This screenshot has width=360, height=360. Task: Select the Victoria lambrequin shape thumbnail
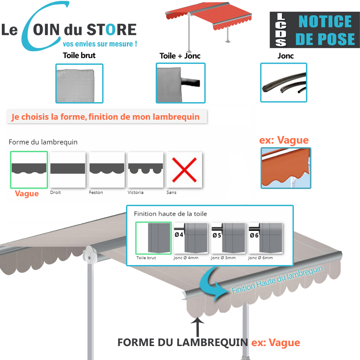coord(145,170)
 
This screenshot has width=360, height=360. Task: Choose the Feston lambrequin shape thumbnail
coord(106,170)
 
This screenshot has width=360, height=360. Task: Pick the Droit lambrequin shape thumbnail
coord(67,170)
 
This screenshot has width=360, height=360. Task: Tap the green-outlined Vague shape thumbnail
coord(29,170)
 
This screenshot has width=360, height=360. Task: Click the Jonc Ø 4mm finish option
coord(191,238)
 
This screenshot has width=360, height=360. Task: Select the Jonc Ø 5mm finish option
coord(228,238)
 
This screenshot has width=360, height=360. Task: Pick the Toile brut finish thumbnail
coord(153,238)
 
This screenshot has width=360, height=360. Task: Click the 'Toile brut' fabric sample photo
coord(79,83)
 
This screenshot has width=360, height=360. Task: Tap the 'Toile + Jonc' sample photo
coord(180,83)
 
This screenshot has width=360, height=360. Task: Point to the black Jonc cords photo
coord(284,83)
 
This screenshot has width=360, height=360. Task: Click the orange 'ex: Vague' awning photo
coord(286,167)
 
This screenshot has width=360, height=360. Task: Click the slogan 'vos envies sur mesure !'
coord(99,44)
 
